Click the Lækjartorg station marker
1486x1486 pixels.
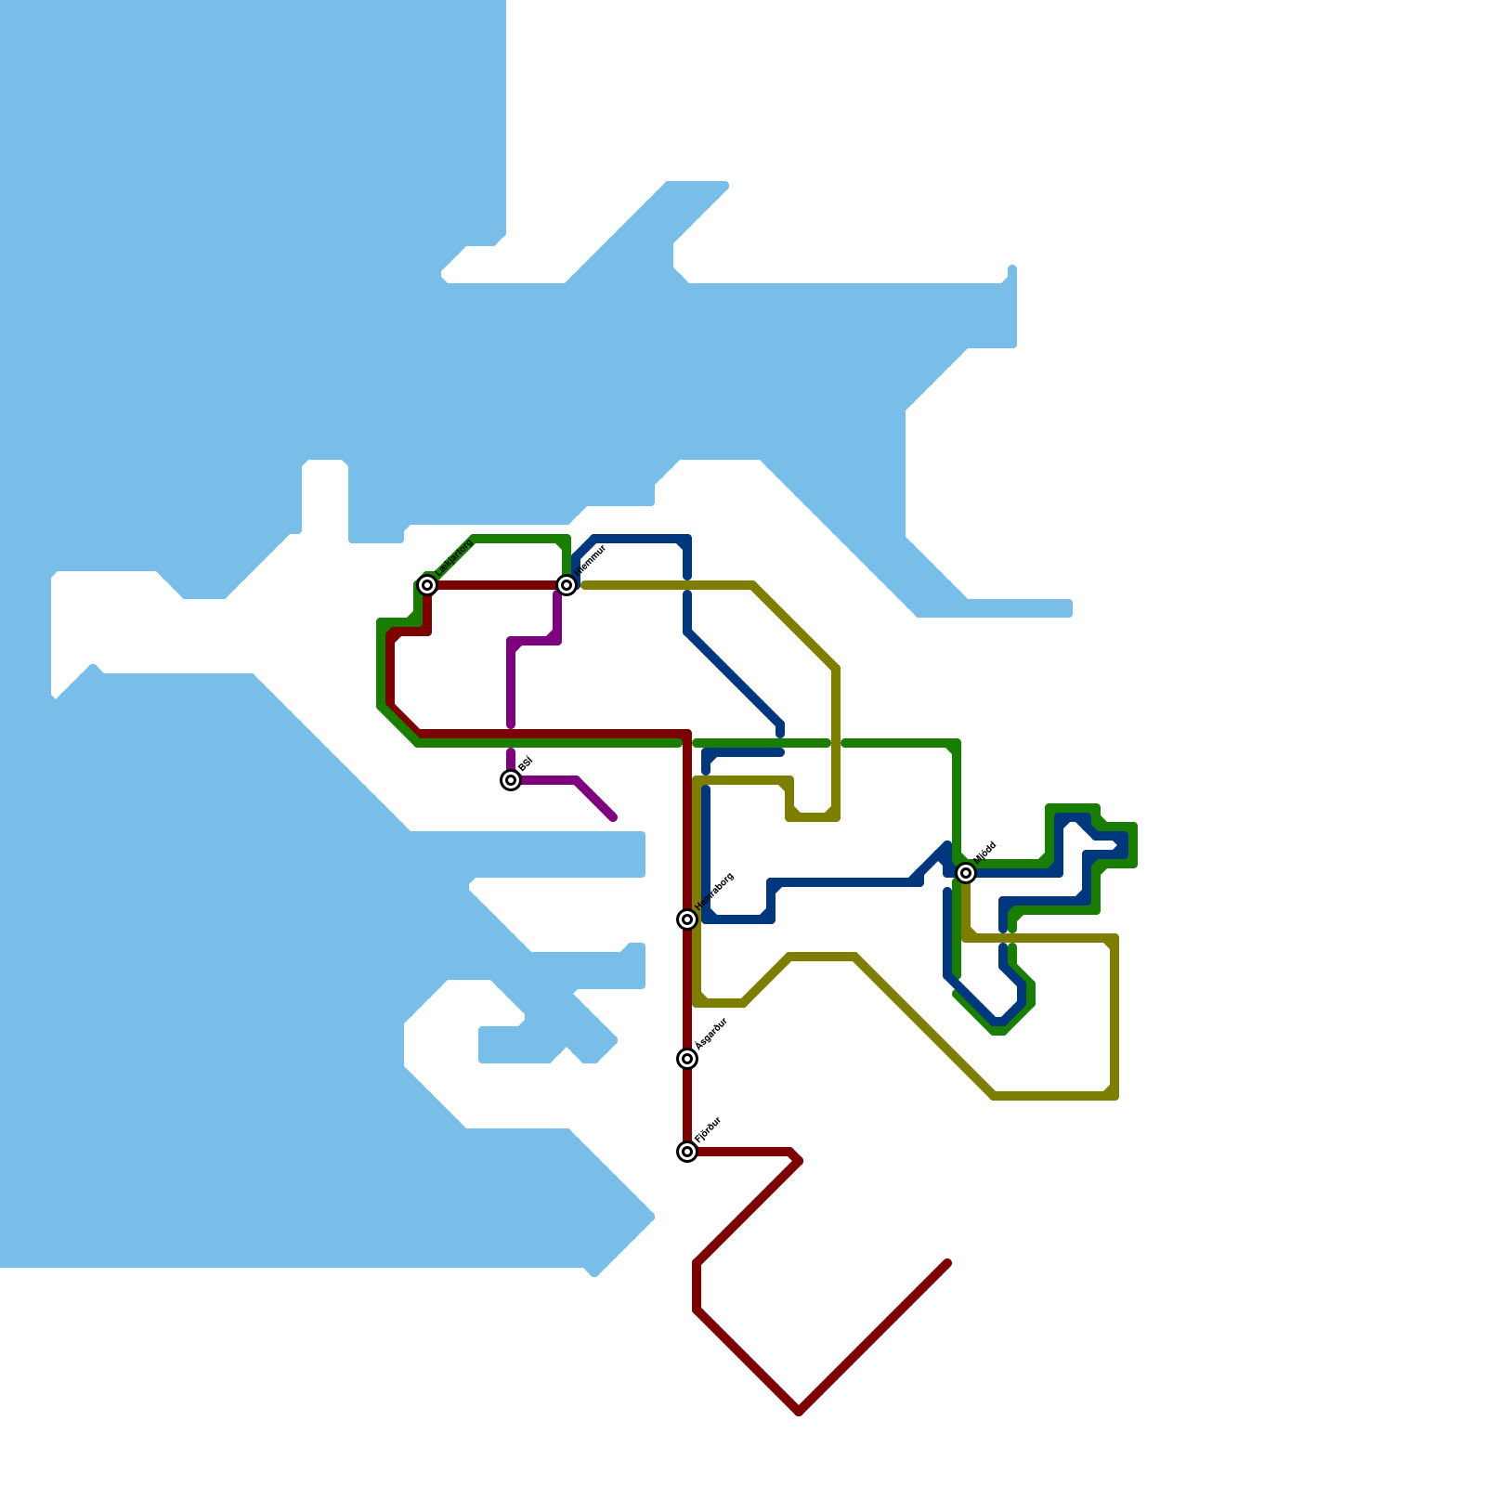click(427, 585)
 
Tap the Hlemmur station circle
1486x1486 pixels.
click(567, 585)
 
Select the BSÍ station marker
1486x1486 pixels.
click(511, 780)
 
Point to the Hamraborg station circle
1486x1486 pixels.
click(687, 919)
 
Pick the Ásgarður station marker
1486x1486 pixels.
click(687, 1059)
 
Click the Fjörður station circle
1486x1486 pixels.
click(687, 1152)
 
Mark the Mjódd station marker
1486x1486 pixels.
click(966, 873)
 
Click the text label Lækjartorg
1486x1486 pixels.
click(454, 556)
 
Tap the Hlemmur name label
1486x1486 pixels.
click(591, 560)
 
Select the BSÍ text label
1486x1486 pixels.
click(526, 764)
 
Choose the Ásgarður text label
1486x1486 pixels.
click(711, 1034)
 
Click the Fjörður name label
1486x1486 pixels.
click(709, 1129)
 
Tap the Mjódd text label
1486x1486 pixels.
click(985, 852)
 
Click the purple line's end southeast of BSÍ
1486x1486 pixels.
click(613, 817)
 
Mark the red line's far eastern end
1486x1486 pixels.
click(946, 1263)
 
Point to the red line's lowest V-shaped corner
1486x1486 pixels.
click(799, 1412)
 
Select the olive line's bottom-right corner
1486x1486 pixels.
click(1114, 1096)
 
